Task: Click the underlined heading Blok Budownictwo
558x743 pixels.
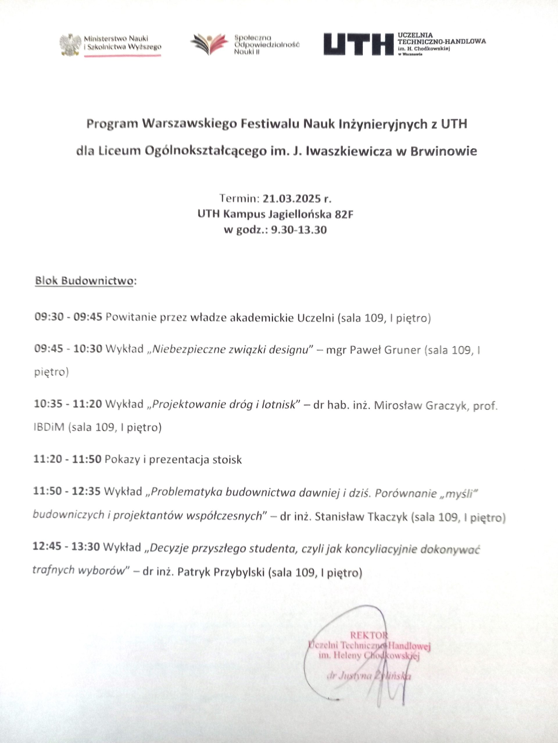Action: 84,281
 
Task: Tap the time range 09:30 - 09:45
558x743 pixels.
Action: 68,317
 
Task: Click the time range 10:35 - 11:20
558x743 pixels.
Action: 68,404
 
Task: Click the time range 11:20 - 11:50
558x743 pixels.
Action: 67,459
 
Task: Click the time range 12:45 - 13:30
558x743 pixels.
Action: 66,547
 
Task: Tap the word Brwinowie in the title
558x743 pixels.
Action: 443,151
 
